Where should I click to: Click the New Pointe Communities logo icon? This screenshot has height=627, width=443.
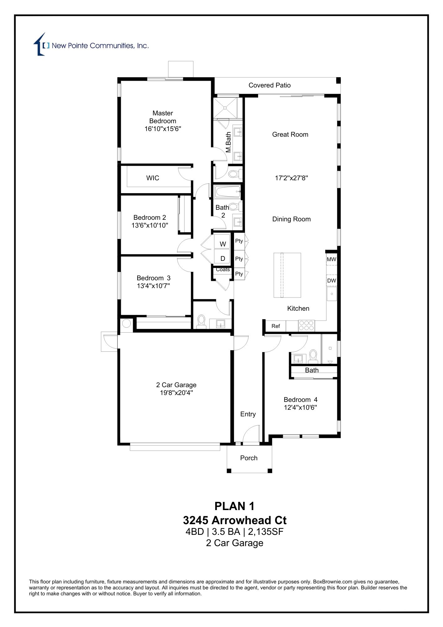click(40, 45)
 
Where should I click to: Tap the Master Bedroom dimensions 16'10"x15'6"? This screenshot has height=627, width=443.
click(163, 129)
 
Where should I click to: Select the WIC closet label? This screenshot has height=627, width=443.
click(153, 178)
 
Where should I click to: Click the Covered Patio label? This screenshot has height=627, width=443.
click(269, 85)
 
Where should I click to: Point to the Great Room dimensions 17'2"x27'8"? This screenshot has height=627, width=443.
click(291, 178)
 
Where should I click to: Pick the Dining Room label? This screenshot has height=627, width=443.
click(291, 219)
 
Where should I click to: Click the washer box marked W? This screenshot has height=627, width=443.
click(222, 244)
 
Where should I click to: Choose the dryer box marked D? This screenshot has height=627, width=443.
click(222, 258)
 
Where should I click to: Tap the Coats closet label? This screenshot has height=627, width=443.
click(223, 270)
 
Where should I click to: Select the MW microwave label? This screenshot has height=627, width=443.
click(331, 259)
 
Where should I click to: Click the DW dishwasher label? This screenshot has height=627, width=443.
click(331, 281)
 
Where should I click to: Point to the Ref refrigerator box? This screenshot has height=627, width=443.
click(275, 326)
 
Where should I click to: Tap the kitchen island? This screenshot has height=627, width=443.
click(287, 275)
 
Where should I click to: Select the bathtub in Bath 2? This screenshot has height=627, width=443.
click(227, 191)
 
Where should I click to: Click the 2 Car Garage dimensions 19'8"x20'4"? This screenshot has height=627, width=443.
click(176, 393)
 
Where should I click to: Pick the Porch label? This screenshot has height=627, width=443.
click(249, 458)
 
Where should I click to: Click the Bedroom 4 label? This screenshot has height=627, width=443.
click(300, 400)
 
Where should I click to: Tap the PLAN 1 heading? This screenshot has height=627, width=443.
click(234, 506)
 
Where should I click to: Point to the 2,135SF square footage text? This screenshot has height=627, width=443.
click(266, 532)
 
